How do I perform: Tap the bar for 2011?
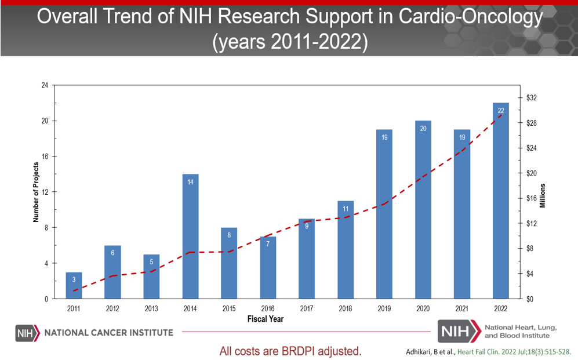pos(74,286)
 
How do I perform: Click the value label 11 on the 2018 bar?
pos(346,209)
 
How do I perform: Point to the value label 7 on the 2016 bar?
pos(268,244)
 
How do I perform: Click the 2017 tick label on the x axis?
pos(307,308)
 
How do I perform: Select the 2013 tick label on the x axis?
pos(151,308)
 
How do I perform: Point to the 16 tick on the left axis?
pos(45,157)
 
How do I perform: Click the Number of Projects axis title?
pos(35,192)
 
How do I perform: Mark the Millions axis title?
pos(543,196)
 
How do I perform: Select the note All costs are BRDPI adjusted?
pos(290,351)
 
